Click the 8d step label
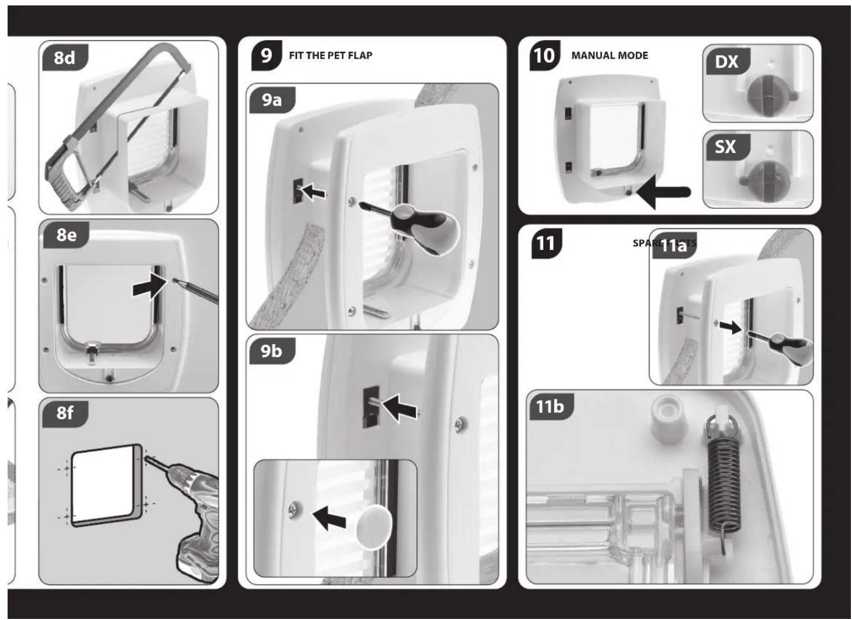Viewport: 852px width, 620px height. click(65, 58)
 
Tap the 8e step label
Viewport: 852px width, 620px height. click(66, 235)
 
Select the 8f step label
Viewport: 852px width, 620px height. click(64, 413)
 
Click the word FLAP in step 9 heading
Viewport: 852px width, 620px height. click(360, 55)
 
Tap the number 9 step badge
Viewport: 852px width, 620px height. click(266, 55)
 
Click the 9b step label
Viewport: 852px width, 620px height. click(271, 351)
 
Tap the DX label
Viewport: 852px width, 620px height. click(726, 62)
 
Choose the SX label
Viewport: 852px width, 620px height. click(726, 147)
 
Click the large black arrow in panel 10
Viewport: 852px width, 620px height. click(665, 192)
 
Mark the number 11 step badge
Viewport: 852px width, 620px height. click(545, 243)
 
